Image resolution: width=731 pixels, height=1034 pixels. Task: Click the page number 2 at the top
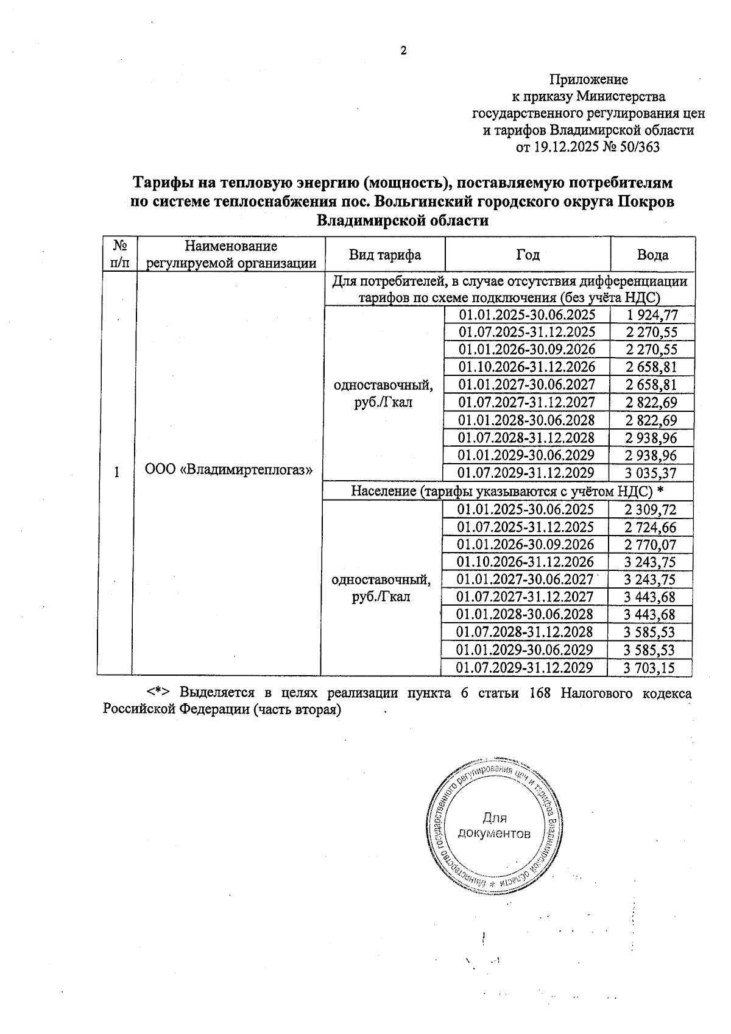click(403, 51)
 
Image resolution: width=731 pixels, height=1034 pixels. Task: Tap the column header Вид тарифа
click(384, 255)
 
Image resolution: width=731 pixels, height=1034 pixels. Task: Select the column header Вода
click(652, 255)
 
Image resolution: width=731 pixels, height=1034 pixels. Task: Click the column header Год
click(528, 255)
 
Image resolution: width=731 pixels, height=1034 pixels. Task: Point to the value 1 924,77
click(651, 315)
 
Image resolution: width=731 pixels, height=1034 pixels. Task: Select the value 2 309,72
click(649, 510)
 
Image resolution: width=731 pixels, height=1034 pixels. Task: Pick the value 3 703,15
click(649, 668)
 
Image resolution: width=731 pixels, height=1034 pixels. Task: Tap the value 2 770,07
click(649, 545)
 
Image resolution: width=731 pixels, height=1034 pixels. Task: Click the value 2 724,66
click(649, 528)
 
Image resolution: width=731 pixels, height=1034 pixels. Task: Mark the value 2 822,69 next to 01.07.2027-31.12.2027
click(651, 403)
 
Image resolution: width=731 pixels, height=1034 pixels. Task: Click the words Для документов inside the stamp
click(494, 826)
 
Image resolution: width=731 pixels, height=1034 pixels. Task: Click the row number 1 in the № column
click(116, 472)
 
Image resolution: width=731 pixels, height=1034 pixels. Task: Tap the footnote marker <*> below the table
click(157, 693)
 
